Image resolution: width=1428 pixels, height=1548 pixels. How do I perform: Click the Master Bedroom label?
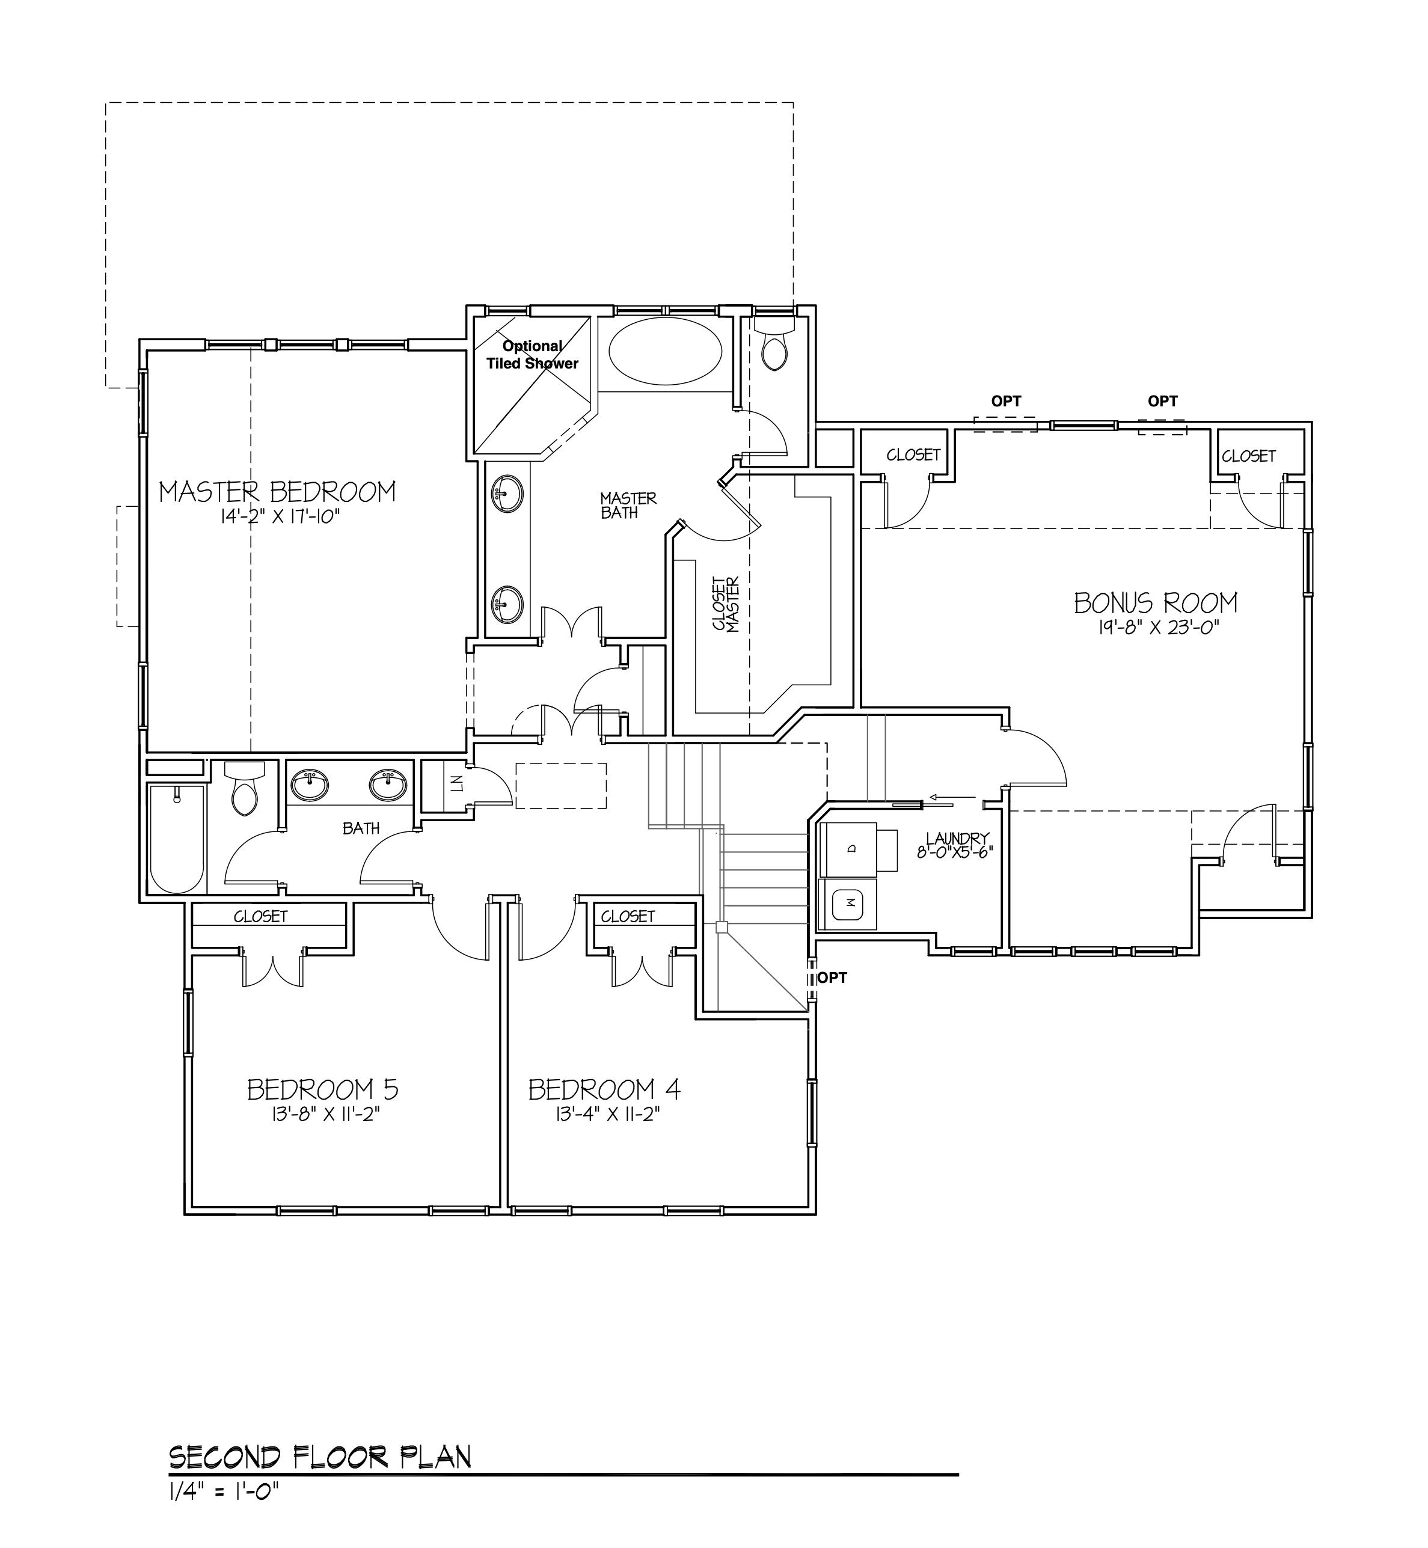coord(277,492)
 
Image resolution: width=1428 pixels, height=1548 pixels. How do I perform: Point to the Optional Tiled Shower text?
coord(532,355)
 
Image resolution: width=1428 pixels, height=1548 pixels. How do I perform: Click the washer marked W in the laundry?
coord(849,904)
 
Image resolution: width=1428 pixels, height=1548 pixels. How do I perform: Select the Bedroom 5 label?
coord(323,1089)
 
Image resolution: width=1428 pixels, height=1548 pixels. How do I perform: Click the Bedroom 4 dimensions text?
coord(604,1114)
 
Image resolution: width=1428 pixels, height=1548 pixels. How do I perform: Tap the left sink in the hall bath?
coord(310,785)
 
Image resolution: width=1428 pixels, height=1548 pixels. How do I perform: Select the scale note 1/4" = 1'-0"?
coord(222,1491)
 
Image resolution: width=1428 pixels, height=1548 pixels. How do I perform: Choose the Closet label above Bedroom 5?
coord(261,916)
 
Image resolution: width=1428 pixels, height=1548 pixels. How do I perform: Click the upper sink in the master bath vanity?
coord(507,493)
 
